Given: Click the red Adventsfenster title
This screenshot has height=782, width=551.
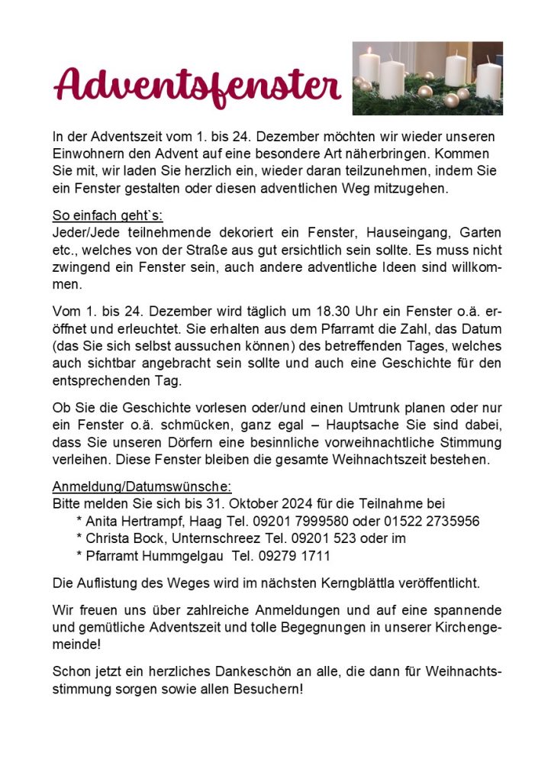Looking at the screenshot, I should (x=197, y=85).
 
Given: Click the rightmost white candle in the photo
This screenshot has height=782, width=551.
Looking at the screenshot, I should (x=489, y=76).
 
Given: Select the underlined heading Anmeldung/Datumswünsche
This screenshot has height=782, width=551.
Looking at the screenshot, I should (x=142, y=487).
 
